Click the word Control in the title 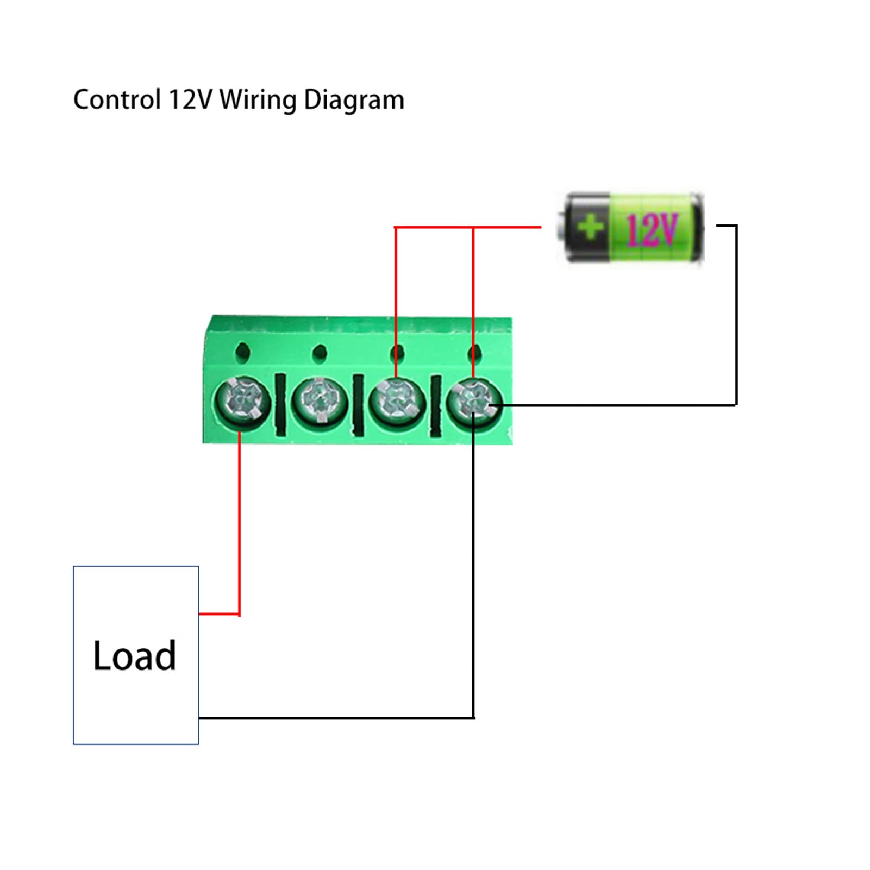click(116, 100)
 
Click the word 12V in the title click(190, 100)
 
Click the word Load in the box click(134, 656)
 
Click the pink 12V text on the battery click(652, 229)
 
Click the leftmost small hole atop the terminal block click(243, 353)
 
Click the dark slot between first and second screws click(280, 404)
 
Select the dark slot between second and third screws click(358, 404)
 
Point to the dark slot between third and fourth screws click(436, 405)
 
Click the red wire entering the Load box click(218, 614)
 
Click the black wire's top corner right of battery click(736, 226)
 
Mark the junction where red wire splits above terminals click(473, 227)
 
